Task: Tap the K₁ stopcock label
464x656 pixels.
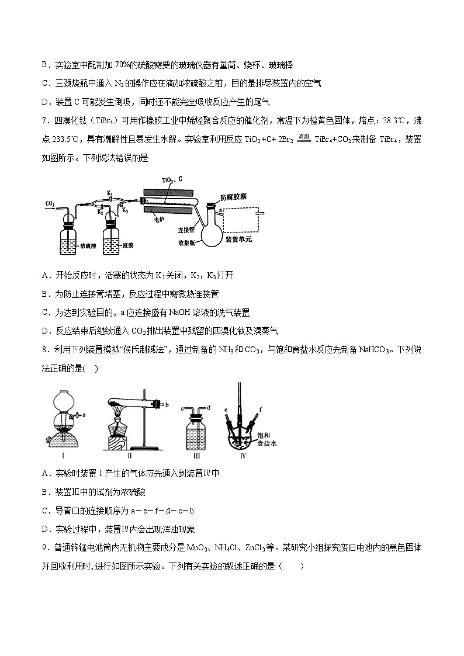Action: pos(109,193)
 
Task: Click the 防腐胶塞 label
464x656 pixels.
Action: pos(233,197)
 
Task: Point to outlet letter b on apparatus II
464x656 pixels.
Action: pos(168,404)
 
